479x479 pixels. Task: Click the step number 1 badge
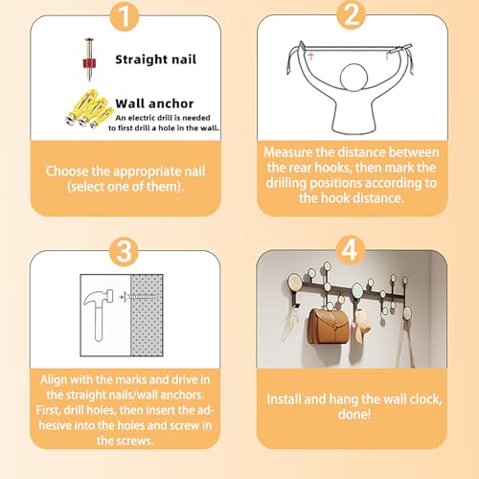pyautogui.click(x=125, y=16)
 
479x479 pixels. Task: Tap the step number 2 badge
pyautogui.click(x=352, y=15)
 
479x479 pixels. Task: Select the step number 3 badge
pyautogui.click(x=125, y=252)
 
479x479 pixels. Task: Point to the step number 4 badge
pyautogui.click(x=350, y=250)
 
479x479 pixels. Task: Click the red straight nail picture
pyautogui.click(x=89, y=59)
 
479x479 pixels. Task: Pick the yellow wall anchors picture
pyautogui.click(x=88, y=108)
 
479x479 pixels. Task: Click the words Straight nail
pyautogui.click(x=155, y=59)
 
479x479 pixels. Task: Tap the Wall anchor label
pyautogui.click(x=154, y=103)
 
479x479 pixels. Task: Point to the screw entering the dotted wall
pyautogui.click(x=141, y=297)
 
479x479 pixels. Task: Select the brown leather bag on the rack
pyautogui.click(x=328, y=326)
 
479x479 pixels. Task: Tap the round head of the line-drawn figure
pyautogui.click(x=354, y=78)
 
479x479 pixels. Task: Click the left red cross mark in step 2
pyautogui.click(x=310, y=57)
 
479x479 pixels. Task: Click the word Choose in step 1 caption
pyautogui.click(x=67, y=171)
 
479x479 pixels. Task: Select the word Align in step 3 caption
pyautogui.click(x=54, y=380)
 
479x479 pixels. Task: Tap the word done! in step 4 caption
pyautogui.click(x=354, y=415)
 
